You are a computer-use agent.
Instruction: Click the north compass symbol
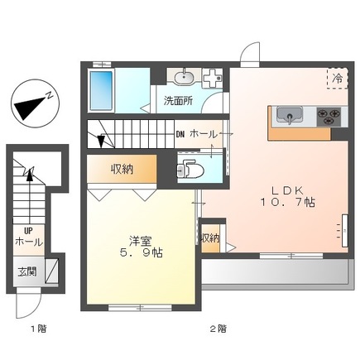pos(32,103)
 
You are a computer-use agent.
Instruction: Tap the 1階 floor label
pos(39,329)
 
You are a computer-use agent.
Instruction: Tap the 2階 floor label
pos(218,329)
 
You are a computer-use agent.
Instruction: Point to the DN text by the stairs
pos(180,133)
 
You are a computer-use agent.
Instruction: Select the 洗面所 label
pos(177,101)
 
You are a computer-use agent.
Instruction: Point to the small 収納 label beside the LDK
pos(210,238)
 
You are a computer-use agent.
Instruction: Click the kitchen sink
pos(288,114)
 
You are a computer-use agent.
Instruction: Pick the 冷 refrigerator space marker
pos(338,77)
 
